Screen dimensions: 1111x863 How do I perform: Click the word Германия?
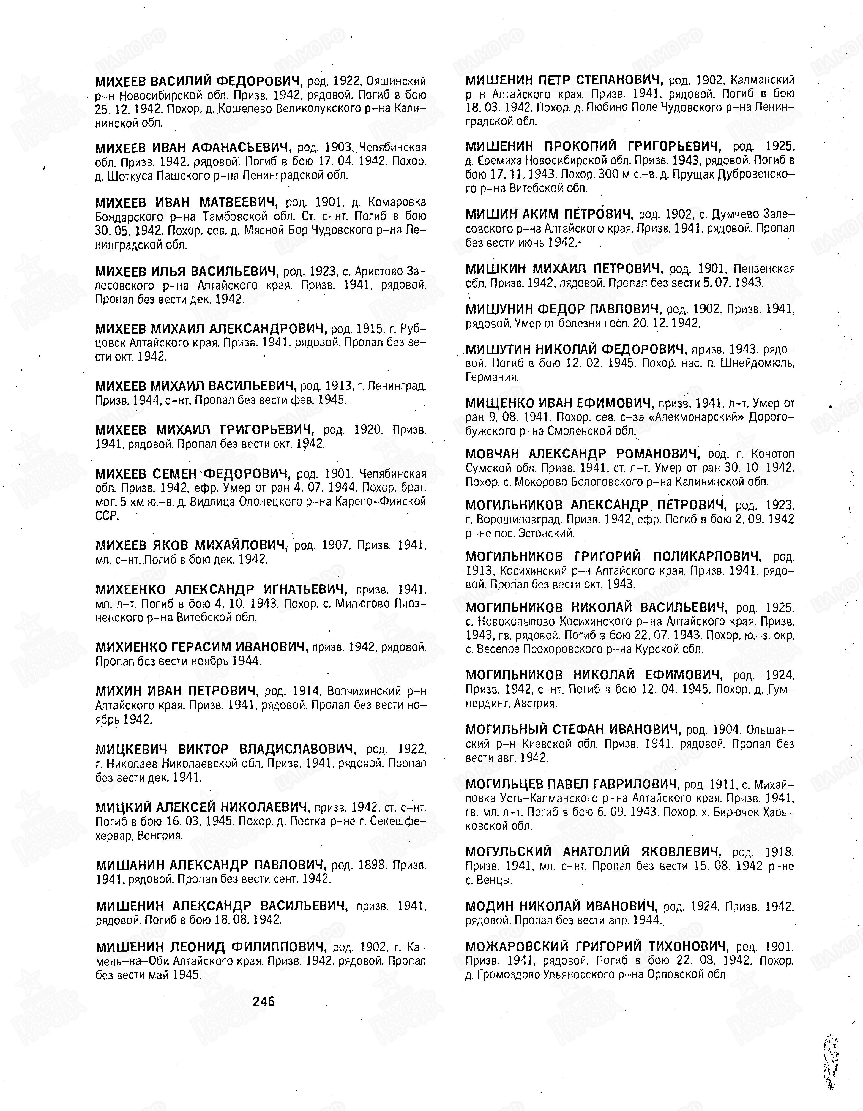(x=485, y=377)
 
